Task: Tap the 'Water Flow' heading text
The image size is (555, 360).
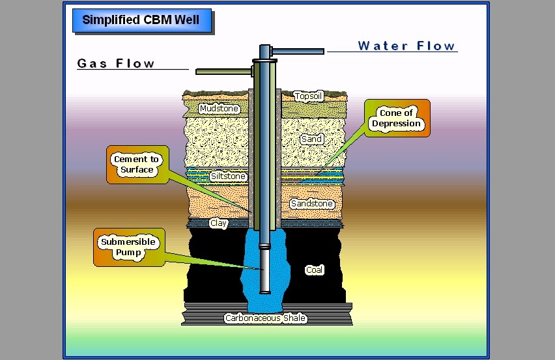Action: (x=406, y=46)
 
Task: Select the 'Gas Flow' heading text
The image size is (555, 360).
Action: (x=116, y=63)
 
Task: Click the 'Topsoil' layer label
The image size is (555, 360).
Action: (x=308, y=96)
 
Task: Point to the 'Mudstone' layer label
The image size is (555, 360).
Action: (x=219, y=109)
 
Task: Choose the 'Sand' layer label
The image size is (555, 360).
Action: (x=312, y=139)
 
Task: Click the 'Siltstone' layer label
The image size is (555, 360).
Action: (x=227, y=176)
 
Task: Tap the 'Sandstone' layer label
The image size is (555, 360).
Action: (x=312, y=204)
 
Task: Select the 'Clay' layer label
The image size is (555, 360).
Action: (x=218, y=223)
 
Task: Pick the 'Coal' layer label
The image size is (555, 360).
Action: (x=314, y=270)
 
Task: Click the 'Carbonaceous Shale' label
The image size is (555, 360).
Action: (x=265, y=318)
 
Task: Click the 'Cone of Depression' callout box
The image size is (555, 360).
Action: (x=397, y=118)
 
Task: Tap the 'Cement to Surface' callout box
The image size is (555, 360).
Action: (x=136, y=165)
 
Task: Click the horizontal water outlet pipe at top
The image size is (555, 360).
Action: (x=297, y=51)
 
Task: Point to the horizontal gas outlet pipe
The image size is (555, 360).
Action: (x=221, y=71)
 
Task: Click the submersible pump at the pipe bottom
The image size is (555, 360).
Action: (x=265, y=273)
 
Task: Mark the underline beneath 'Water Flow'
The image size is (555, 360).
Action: (x=392, y=51)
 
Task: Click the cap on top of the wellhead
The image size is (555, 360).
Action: (x=265, y=51)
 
